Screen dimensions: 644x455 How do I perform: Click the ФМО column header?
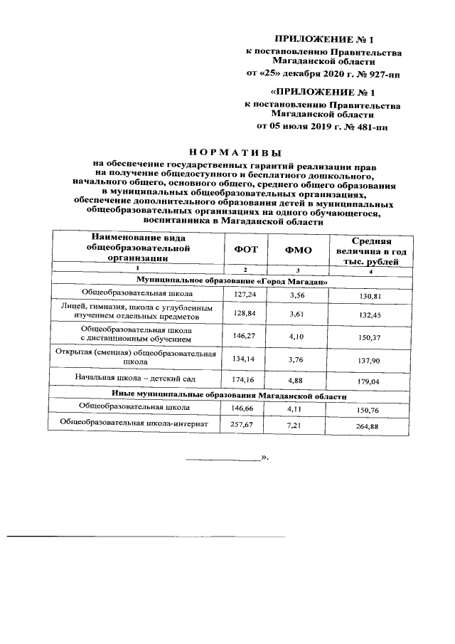[x=299, y=250]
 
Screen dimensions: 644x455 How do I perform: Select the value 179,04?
[x=367, y=381]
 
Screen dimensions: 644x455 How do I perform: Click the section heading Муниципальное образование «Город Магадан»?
[x=232, y=281]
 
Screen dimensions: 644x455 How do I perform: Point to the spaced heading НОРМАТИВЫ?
[x=234, y=152]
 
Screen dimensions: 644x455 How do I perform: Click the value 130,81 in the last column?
[x=367, y=295]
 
